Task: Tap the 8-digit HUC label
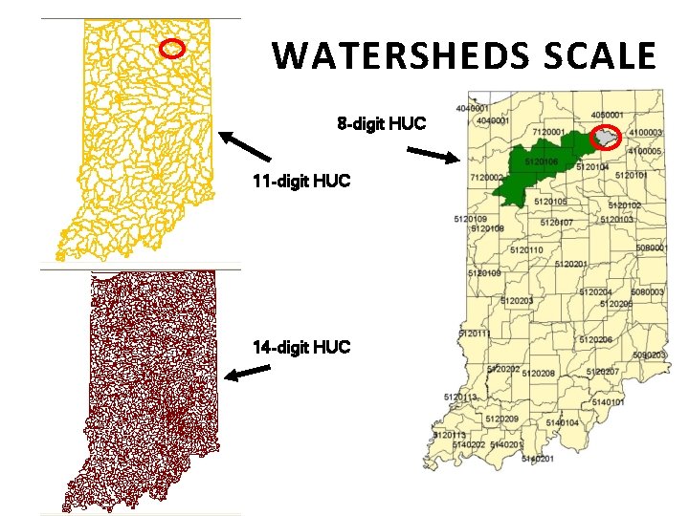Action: click(381, 124)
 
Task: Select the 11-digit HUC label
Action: click(288, 181)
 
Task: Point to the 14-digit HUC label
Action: click(301, 347)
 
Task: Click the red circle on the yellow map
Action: click(171, 48)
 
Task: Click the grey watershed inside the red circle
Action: click(606, 139)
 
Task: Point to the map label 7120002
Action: click(487, 178)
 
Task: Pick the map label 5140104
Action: click(562, 422)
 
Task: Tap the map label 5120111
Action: click(475, 333)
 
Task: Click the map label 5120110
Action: click(526, 249)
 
